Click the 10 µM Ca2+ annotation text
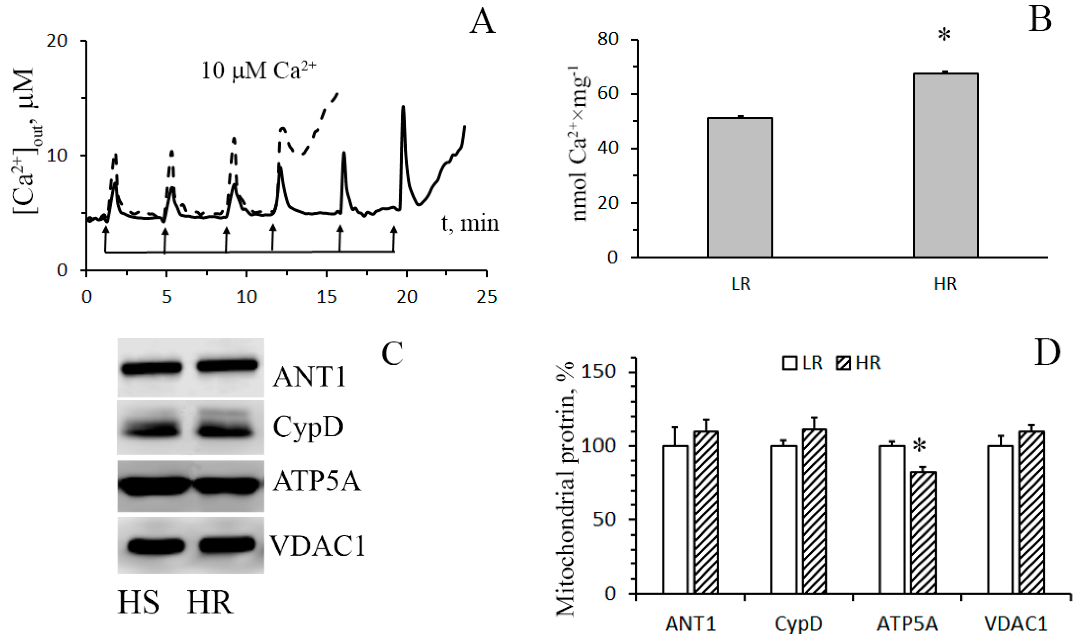(259, 71)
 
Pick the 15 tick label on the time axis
(327, 296)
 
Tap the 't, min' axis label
(470, 223)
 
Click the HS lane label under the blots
(139, 603)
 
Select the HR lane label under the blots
(210, 603)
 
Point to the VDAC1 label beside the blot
(317, 546)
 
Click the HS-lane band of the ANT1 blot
(151, 368)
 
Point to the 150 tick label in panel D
(598, 371)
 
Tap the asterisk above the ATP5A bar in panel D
(919, 447)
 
